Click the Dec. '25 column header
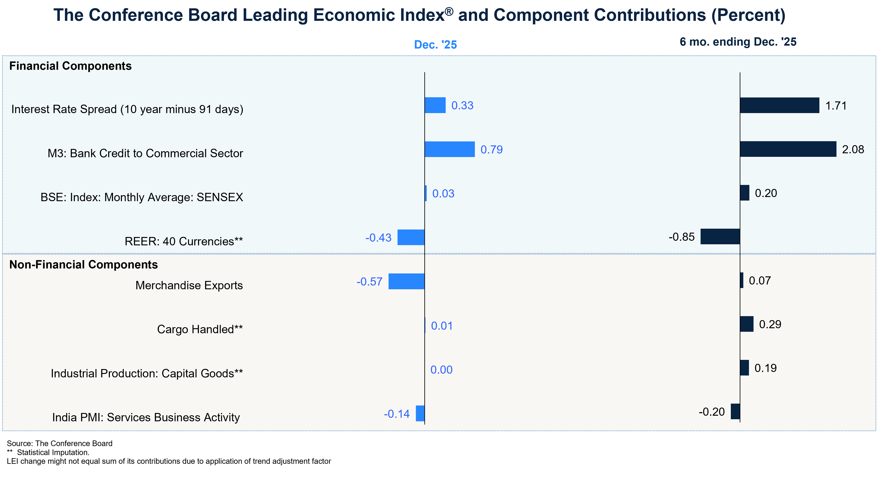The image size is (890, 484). coord(435,45)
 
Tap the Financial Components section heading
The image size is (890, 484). coord(70,66)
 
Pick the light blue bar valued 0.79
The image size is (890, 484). coord(450,149)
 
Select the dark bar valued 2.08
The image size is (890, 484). coord(788,149)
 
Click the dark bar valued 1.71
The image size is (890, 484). coord(780,105)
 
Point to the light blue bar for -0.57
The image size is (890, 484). coord(406,281)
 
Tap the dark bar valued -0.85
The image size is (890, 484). coord(720,236)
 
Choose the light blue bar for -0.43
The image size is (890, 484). coord(411,237)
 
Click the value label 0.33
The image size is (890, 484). coord(462,105)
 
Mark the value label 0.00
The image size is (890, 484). coord(441,370)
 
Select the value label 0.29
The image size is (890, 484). coord(770,324)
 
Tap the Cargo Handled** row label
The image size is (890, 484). coord(200,329)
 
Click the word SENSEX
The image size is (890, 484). coord(220,197)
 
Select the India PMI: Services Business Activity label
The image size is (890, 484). coord(146,417)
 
